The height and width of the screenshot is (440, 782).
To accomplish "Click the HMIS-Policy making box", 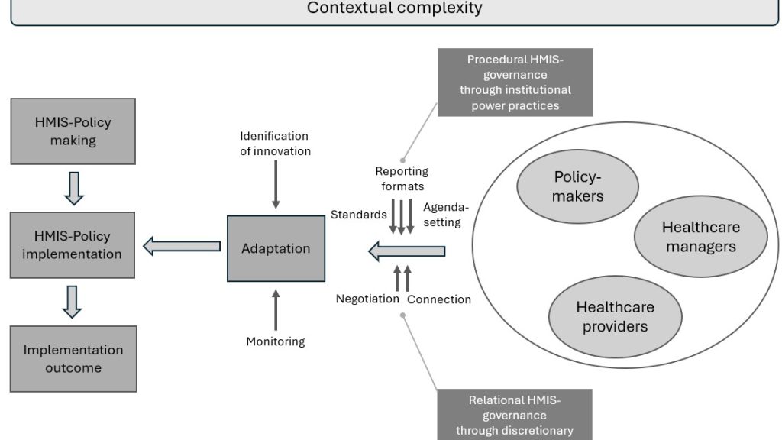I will click(73, 132).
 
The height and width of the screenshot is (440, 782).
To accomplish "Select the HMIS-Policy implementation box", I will click(73, 245).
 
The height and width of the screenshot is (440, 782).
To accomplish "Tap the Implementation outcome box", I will click(73, 359).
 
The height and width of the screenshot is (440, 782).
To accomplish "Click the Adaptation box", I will click(276, 248).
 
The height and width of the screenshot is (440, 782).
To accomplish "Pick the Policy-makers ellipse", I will click(578, 187).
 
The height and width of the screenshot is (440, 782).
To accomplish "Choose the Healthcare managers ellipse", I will click(700, 237).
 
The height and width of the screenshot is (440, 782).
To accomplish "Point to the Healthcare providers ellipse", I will click(615, 317).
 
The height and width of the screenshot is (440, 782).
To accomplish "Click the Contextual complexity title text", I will click(394, 8).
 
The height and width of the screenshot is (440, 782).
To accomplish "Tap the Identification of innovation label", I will click(276, 144).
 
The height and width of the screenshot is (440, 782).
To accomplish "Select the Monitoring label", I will click(276, 341).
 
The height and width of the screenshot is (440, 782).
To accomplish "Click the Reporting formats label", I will click(402, 178).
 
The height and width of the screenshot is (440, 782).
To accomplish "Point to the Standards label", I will click(358, 215).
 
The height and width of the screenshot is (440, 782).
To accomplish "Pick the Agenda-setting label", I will click(442, 215).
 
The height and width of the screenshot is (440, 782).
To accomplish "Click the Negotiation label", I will click(367, 299).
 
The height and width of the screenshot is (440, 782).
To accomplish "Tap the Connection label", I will click(439, 299).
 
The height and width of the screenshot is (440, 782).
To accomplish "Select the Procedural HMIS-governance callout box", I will click(515, 82).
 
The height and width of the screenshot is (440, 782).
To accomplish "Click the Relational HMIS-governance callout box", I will click(514, 415).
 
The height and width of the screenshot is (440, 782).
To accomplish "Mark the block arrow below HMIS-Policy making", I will click(73, 188).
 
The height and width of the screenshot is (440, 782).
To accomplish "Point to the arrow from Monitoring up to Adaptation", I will click(276, 310).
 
